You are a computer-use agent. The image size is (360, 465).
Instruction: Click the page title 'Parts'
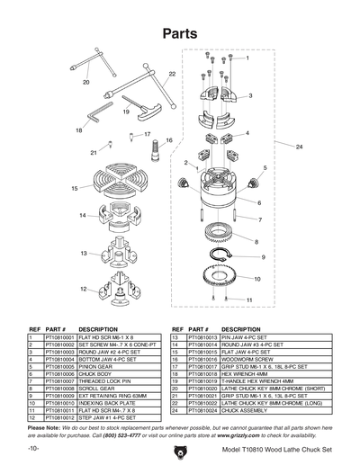click(179, 33)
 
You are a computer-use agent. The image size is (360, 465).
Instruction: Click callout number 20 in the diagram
click(86, 82)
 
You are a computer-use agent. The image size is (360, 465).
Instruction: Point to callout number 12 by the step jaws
click(84, 289)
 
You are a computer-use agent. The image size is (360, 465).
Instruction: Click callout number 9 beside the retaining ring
click(263, 257)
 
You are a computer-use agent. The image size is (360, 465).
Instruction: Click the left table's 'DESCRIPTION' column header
click(99, 329)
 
